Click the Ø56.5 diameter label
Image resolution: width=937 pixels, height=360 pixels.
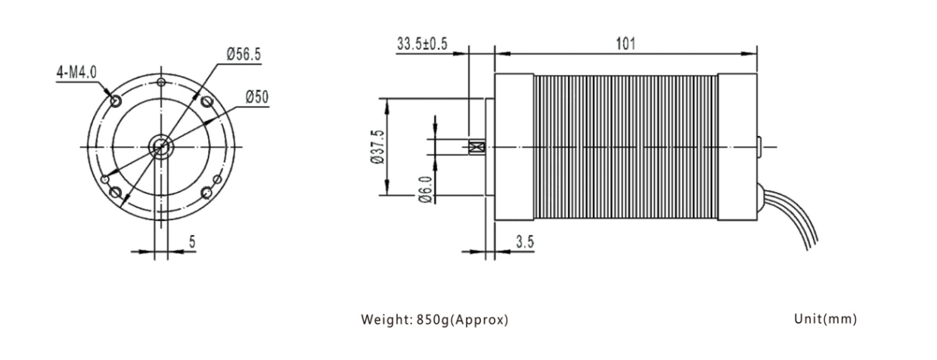pyautogui.click(x=244, y=54)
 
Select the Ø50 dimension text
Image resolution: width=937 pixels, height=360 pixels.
pyautogui.click(x=257, y=97)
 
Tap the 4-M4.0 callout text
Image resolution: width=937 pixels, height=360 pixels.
pyautogui.click(x=76, y=73)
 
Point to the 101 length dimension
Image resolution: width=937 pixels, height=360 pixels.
pyautogui.click(x=625, y=43)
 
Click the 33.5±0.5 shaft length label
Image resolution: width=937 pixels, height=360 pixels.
pyautogui.click(x=422, y=43)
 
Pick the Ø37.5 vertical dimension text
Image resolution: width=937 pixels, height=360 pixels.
pyautogui.click(x=377, y=147)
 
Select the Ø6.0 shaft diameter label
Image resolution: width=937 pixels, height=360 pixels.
pyautogui.click(x=425, y=189)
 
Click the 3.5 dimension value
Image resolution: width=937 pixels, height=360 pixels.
pyautogui.click(x=525, y=242)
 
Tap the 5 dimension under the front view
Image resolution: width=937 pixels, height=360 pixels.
pyautogui.click(x=192, y=242)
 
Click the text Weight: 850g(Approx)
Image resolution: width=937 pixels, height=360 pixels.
pyautogui.click(x=435, y=320)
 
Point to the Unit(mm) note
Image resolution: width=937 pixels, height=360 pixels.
pyautogui.click(x=826, y=319)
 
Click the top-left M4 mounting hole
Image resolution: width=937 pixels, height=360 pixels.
pyautogui.click(x=116, y=101)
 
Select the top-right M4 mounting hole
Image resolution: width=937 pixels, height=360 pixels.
pyautogui.click(x=207, y=101)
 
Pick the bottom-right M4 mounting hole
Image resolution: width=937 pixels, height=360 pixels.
pyautogui.click(x=207, y=193)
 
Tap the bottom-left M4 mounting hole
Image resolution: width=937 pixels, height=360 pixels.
pyautogui.click(x=116, y=193)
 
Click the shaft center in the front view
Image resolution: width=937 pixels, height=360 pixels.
pyautogui.click(x=161, y=147)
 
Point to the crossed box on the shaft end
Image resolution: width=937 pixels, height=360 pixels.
pyautogui.click(x=476, y=147)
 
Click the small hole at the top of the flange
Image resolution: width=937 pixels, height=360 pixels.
pyautogui.click(x=161, y=82)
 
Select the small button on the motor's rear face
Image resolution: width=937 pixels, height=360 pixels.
pyautogui.click(x=759, y=147)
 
